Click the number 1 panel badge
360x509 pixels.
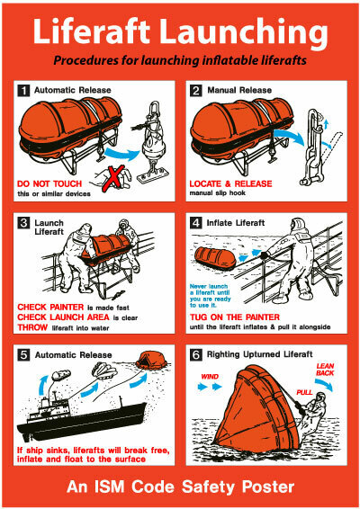click(x=23, y=90)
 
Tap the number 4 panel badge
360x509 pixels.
click(x=195, y=223)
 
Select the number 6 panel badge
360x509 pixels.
click(x=195, y=354)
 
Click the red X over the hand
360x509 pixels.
click(x=113, y=178)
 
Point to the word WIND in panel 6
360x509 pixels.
click(x=210, y=377)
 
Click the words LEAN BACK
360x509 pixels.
click(x=325, y=370)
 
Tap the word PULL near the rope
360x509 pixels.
click(x=304, y=392)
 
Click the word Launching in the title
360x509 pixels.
click(x=243, y=31)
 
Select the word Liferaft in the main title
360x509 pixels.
click(x=91, y=31)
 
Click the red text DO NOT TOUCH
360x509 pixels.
click(x=49, y=183)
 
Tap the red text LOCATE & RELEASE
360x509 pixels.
click(x=230, y=183)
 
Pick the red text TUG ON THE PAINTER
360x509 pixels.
click(x=235, y=317)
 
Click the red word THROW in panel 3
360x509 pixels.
click(x=32, y=327)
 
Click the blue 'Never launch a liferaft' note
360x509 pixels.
click(x=211, y=296)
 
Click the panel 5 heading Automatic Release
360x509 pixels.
click(x=73, y=355)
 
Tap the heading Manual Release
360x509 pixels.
click(x=239, y=90)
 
